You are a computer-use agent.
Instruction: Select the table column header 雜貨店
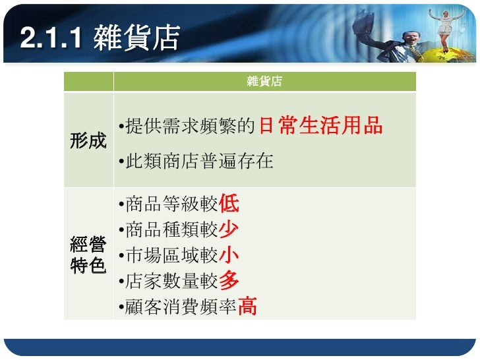coord(264,82)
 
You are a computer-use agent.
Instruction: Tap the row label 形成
coord(88,141)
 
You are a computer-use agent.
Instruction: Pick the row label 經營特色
coord(88,257)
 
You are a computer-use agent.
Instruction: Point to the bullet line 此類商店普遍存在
coord(196,162)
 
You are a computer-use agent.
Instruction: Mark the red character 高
coord(247,307)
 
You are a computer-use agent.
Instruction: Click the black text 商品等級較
coord(171,204)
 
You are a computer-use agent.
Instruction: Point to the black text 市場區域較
coord(171,255)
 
